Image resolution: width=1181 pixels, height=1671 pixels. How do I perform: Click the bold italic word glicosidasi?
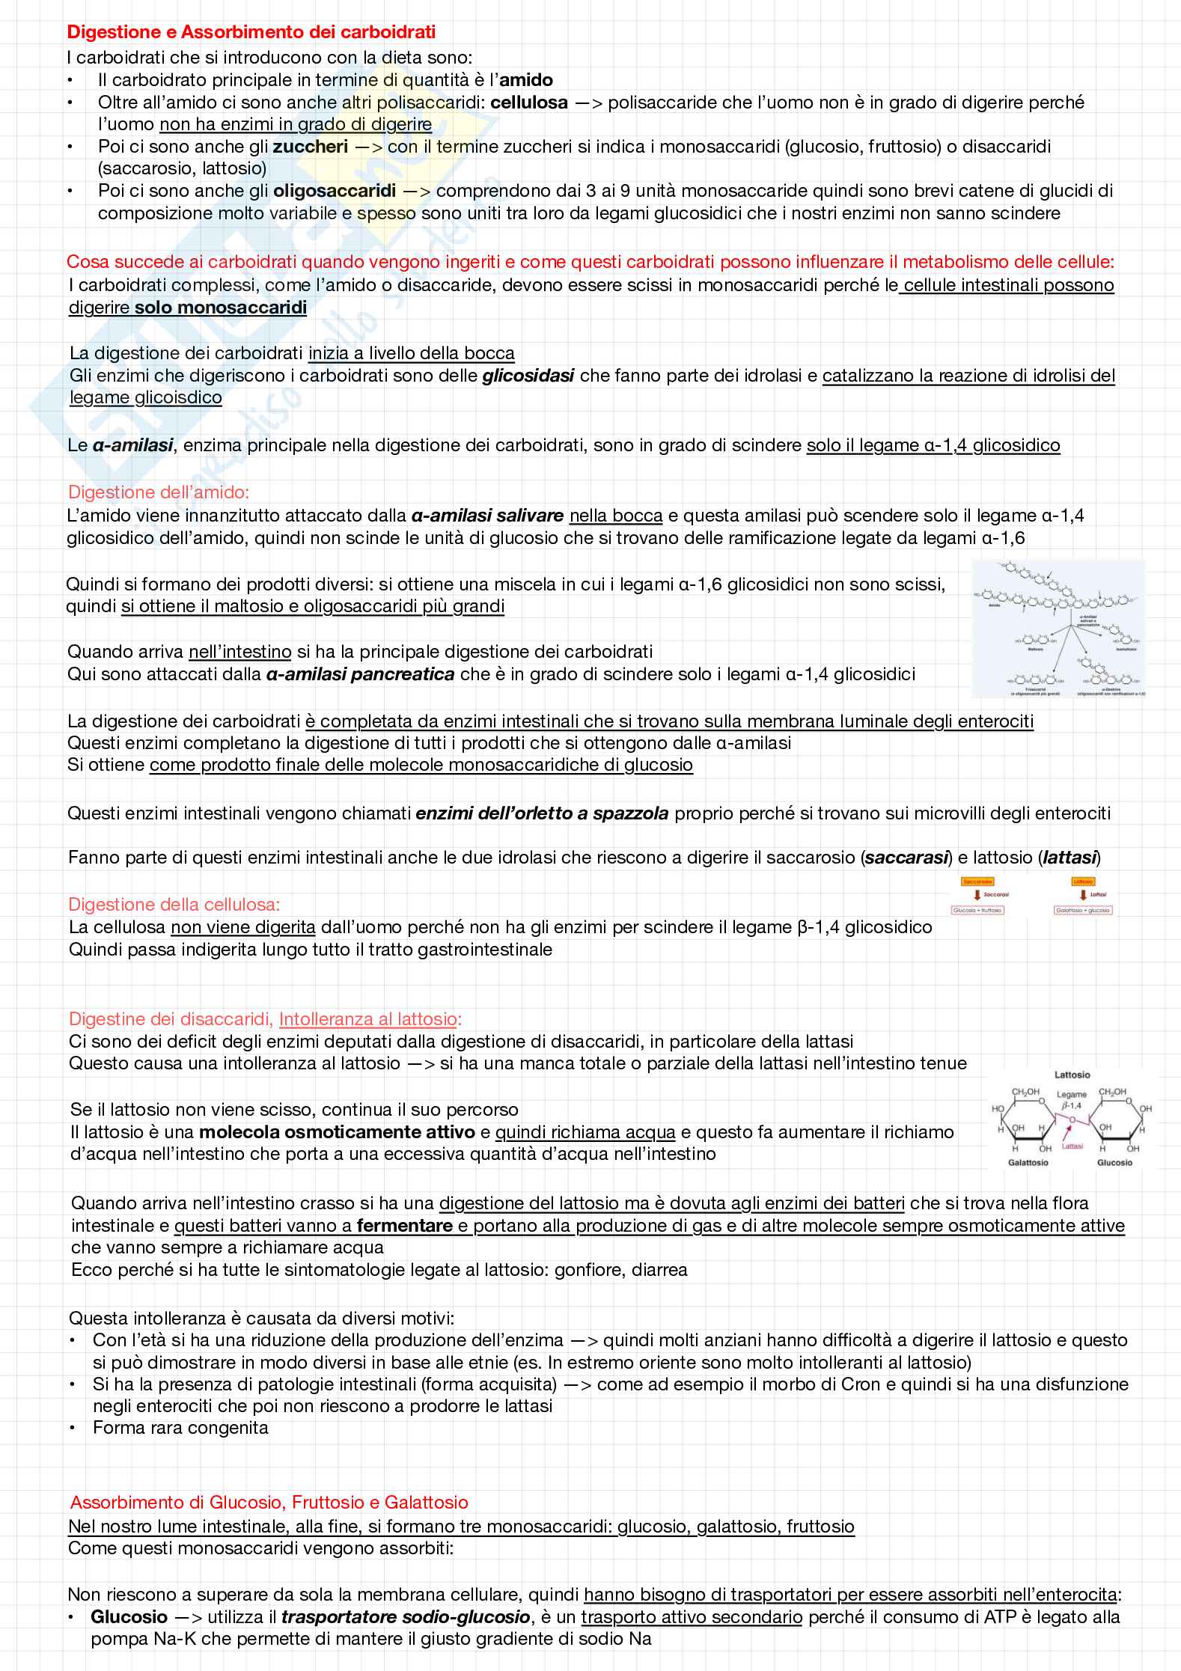(528, 376)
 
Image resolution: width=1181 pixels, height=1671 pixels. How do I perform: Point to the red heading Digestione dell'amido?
(158, 492)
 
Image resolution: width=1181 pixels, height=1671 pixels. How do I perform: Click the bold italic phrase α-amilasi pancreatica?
(360, 674)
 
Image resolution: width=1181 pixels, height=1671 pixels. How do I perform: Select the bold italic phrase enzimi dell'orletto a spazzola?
(542, 813)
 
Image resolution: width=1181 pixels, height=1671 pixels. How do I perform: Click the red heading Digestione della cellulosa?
(174, 905)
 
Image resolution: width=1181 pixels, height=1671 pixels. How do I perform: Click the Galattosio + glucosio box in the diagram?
(1082, 911)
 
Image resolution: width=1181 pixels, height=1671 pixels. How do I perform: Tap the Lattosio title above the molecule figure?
(1072, 1075)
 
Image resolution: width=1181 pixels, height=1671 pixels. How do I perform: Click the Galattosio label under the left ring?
(1028, 1163)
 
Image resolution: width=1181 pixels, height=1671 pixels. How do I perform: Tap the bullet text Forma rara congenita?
(180, 1428)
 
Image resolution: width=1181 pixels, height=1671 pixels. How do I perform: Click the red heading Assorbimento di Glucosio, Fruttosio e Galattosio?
(269, 1502)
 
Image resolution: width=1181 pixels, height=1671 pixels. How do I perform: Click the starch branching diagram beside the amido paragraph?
(1058, 629)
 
